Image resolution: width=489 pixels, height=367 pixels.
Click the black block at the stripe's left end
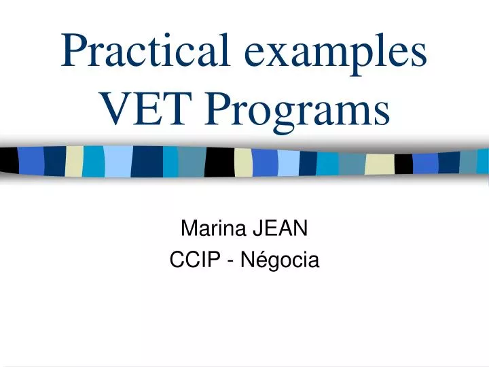[9, 160]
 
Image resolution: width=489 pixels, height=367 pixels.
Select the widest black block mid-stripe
[219, 162]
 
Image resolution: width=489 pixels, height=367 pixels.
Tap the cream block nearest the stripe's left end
[74, 161]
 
